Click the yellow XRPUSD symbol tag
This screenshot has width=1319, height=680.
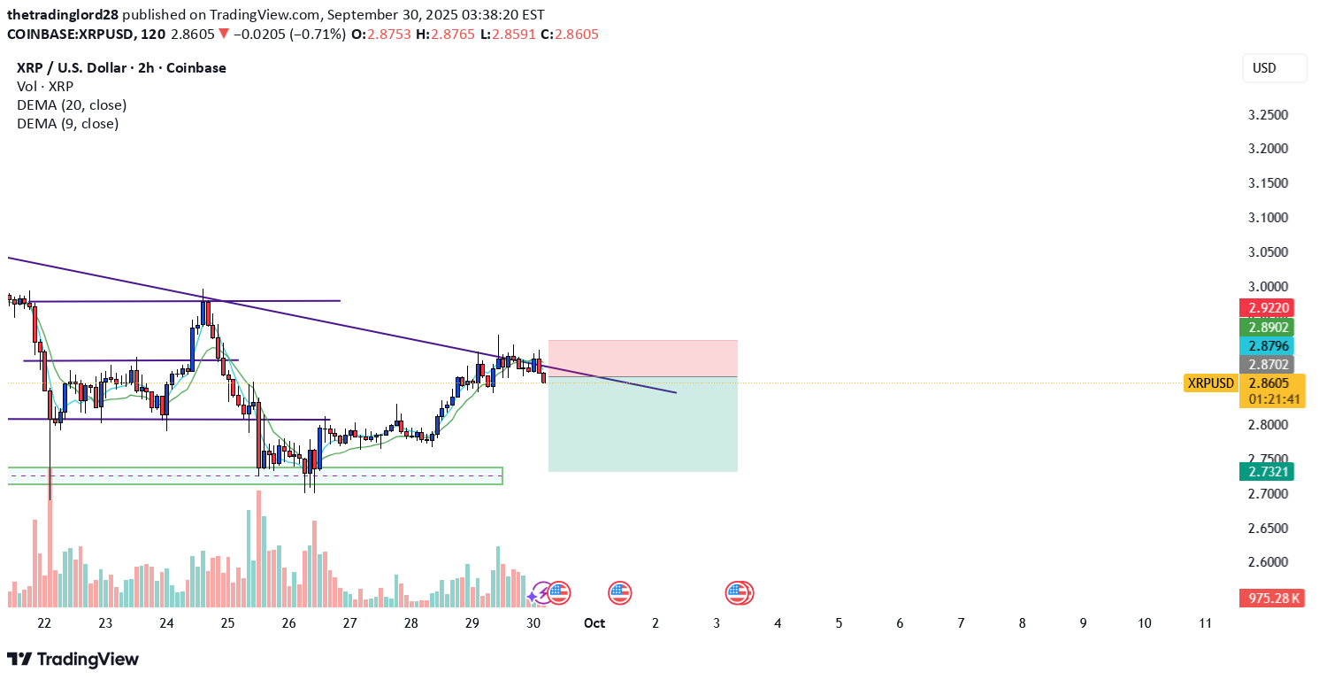1210,383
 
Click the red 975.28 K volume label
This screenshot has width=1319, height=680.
1274,599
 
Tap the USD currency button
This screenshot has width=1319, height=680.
1274,68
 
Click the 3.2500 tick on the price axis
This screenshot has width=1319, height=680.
1267,115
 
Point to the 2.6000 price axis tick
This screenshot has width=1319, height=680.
1267,562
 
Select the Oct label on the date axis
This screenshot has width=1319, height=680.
594,623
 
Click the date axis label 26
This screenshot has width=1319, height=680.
288,623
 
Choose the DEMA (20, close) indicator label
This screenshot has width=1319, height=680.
72,105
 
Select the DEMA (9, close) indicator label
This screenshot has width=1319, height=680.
67,124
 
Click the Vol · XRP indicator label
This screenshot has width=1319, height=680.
45,87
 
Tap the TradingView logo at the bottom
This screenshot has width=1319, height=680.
73,660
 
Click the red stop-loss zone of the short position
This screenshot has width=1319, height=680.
642,359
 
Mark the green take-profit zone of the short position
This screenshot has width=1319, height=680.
642,424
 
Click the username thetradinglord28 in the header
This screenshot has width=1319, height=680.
62,15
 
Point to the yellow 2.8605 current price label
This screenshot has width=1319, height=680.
1274,383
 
